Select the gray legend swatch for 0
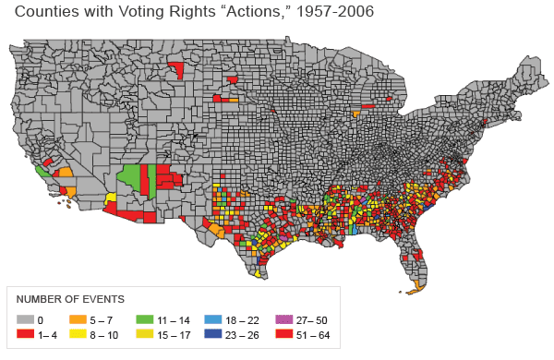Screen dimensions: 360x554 (26, 320)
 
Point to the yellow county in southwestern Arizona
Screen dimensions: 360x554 (111, 198)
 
